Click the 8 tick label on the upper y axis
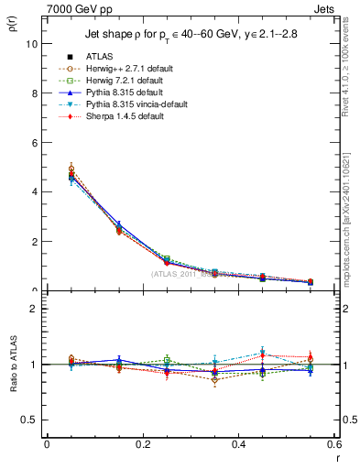click(x=33, y=93)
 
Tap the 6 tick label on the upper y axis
click(x=33, y=142)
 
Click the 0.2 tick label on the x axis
click(x=143, y=443)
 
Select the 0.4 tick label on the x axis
click(x=238, y=443)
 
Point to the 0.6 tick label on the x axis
click(x=333, y=443)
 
